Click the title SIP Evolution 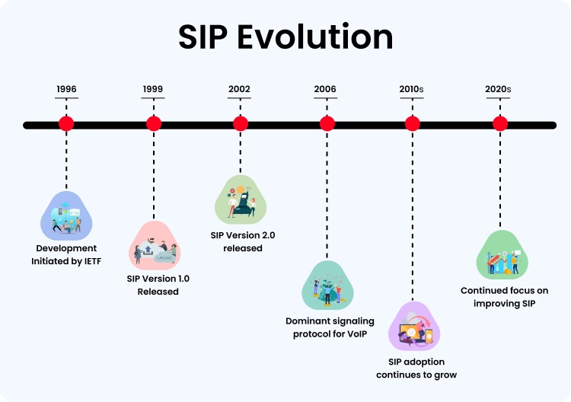click(x=285, y=37)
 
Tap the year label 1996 click(x=66, y=89)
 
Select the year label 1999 click(x=153, y=89)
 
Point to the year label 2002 click(x=240, y=89)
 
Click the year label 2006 click(x=326, y=89)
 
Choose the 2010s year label click(x=412, y=89)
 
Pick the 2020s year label click(x=499, y=89)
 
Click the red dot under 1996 click(x=66, y=123)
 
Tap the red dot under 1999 click(x=154, y=123)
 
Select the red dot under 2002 click(x=241, y=123)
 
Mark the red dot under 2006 click(x=327, y=123)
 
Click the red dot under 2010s click(x=413, y=123)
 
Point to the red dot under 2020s click(x=500, y=123)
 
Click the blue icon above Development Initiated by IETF click(x=65, y=215)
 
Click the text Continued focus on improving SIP click(x=504, y=297)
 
